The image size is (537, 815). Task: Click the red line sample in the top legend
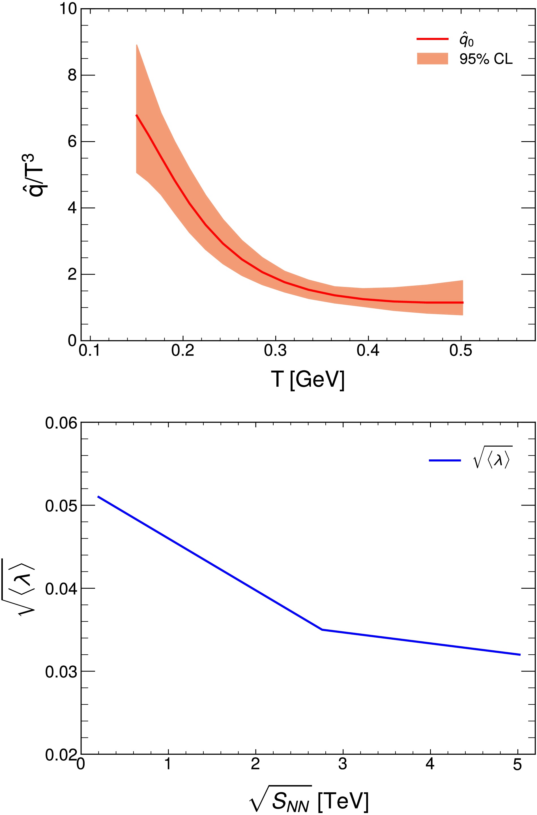click(432, 39)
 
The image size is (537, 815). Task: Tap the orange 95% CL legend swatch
click(432, 59)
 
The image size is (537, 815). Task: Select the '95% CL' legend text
click(486, 59)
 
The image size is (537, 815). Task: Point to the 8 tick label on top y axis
click(72, 75)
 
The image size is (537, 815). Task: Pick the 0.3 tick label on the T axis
click(275, 351)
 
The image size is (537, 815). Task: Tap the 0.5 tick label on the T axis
click(461, 351)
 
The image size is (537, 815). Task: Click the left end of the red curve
click(136, 115)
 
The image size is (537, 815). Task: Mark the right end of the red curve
click(463, 302)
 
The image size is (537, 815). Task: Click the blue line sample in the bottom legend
click(444, 461)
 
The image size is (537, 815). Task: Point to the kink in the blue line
click(322, 630)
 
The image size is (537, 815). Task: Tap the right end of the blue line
click(520, 655)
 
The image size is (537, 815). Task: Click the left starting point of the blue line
click(98, 496)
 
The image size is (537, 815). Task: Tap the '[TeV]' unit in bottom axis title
click(343, 799)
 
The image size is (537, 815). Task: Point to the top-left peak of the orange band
click(137, 45)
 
